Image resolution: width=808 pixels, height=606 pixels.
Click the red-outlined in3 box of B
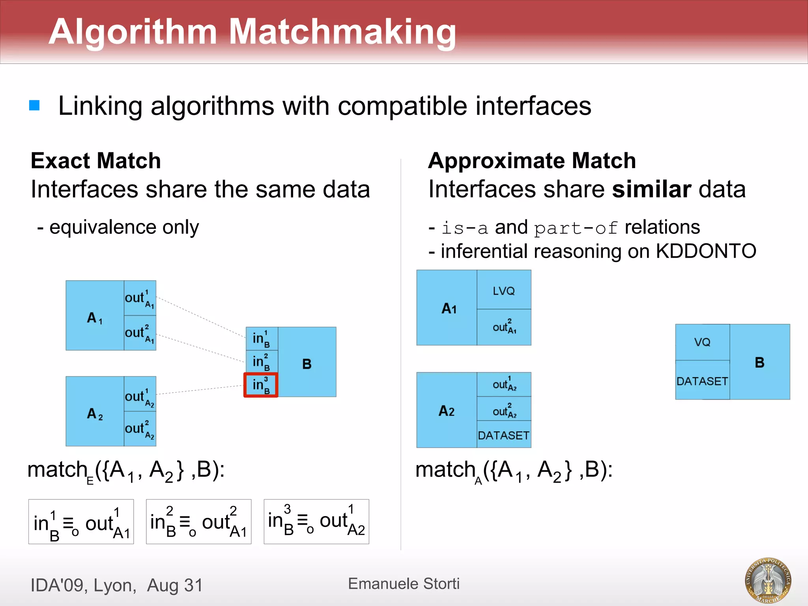(261, 385)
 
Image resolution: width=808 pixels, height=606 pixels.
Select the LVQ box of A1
(504, 290)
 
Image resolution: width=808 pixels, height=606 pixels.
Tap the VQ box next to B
(702, 342)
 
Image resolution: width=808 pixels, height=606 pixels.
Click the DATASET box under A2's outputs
(504, 435)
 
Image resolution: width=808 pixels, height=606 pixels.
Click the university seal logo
(768, 580)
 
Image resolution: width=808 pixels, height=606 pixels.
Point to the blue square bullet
(35, 105)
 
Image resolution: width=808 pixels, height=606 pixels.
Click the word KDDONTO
(706, 251)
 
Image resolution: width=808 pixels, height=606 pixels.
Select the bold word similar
(651, 189)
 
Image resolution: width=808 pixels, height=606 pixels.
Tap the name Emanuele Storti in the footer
(404, 584)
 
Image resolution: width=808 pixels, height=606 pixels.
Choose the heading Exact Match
(96, 161)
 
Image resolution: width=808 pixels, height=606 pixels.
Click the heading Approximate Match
(532, 161)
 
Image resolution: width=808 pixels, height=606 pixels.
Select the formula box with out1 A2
(316, 522)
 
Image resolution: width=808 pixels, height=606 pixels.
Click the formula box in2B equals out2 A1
(198, 522)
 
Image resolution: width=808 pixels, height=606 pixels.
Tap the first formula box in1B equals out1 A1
(81, 522)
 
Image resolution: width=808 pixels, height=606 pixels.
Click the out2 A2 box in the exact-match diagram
(140, 429)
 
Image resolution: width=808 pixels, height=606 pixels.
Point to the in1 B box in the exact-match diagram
(262, 339)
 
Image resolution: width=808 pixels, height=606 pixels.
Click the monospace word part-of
(576, 228)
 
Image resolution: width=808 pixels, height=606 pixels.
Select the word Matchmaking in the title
(342, 32)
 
